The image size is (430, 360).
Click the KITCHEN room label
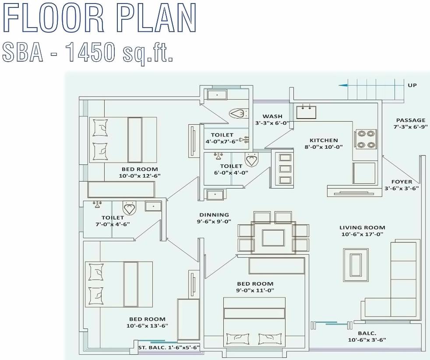point(324,140)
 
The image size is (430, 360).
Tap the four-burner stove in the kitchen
point(366,139)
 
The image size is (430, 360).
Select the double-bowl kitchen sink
point(306,112)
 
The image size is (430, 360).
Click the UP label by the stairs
point(412,85)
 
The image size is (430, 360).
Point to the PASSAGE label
point(410,120)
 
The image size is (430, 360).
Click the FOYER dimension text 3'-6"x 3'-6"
point(402,189)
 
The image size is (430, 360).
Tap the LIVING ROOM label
point(362,227)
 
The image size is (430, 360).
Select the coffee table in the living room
point(355,265)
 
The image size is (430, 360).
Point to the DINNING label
point(214,215)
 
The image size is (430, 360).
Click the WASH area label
point(272,116)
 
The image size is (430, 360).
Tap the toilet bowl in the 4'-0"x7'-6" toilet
point(238,114)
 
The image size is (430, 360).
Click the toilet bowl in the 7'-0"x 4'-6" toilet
point(130,208)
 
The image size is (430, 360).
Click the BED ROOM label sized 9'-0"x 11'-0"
point(255,284)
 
